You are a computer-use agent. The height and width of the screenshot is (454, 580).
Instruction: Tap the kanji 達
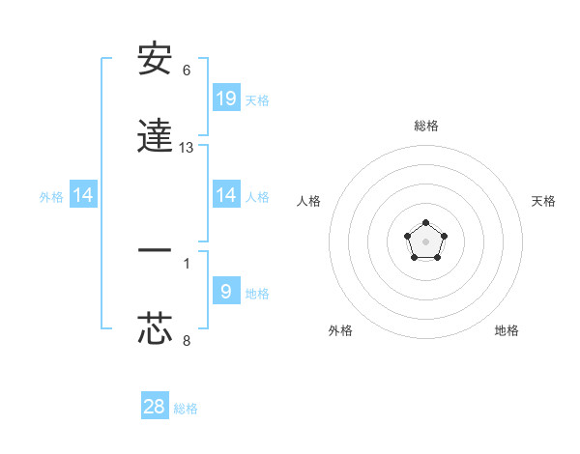click(x=155, y=136)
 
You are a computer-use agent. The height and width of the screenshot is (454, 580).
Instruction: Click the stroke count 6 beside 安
click(x=187, y=71)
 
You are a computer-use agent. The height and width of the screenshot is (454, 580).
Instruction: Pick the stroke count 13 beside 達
click(x=187, y=148)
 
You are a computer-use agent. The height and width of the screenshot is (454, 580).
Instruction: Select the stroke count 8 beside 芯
click(x=187, y=340)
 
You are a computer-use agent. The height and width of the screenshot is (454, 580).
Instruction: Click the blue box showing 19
click(x=226, y=98)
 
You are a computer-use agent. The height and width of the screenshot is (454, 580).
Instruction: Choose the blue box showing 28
click(x=155, y=407)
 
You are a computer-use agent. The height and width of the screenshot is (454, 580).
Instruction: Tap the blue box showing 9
click(x=226, y=291)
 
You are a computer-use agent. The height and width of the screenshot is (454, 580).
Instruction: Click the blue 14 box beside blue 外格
click(x=83, y=195)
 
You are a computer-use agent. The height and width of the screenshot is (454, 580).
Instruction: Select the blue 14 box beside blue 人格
click(x=226, y=195)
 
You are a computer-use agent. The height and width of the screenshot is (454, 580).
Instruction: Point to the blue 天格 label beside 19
click(x=257, y=99)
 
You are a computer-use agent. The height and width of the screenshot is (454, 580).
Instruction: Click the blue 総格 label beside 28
click(x=186, y=409)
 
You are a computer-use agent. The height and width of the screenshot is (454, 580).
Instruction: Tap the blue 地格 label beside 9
click(x=257, y=293)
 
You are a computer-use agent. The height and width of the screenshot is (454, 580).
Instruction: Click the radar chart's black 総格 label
click(x=425, y=126)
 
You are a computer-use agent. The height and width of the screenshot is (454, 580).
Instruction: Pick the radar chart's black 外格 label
click(x=340, y=330)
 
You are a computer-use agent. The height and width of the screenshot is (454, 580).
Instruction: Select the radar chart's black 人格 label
click(x=309, y=201)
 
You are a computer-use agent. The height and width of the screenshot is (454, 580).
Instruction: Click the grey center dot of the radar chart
click(x=425, y=241)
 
